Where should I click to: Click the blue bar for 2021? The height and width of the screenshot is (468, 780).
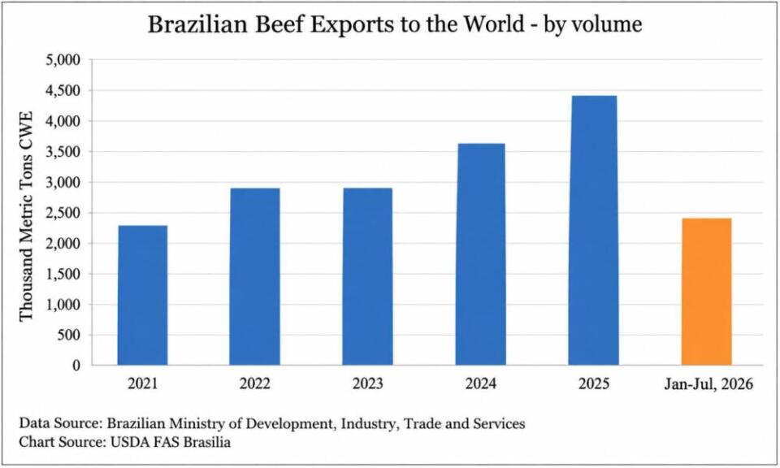[x=142, y=296]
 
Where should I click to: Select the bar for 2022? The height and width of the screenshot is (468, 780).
[x=254, y=276]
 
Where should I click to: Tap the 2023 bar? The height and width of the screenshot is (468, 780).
[x=367, y=276]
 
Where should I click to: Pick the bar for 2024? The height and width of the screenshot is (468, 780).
[x=480, y=254]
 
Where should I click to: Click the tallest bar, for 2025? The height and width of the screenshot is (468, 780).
[x=593, y=230]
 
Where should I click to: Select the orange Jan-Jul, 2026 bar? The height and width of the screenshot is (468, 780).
[x=706, y=292]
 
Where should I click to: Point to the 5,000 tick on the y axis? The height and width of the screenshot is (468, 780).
[x=63, y=60]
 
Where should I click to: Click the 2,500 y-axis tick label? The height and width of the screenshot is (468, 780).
[x=63, y=213]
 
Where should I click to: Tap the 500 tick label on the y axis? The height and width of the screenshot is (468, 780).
[x=69, y=336]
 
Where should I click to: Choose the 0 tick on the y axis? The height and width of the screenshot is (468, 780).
[x=76, y=366]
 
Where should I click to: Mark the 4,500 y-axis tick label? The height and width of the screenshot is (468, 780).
[x=63, y=90]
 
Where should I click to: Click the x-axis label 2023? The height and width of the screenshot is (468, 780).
[x=367, y=383]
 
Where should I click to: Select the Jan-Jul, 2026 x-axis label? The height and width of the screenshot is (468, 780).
[x=708, y=384]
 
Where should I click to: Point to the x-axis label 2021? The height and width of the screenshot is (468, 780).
[x=142, y=383]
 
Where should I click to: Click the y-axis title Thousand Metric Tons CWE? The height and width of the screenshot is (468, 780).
[x=26, y=216]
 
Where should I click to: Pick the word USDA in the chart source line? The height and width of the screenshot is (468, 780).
[x=126, y=442]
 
